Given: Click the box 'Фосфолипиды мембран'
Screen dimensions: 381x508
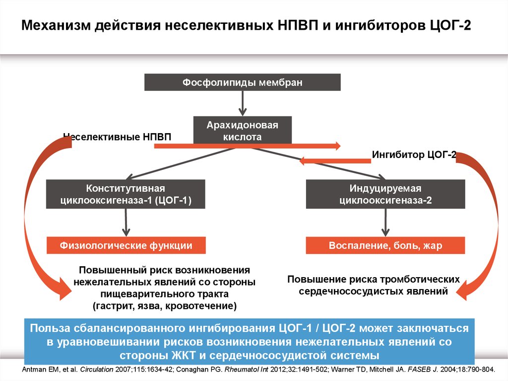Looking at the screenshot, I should tap(242, 82).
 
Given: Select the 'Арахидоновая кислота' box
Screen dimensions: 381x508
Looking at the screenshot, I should tap(242, 131).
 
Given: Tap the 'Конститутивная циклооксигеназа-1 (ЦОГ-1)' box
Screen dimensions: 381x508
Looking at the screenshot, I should tap(126, 194).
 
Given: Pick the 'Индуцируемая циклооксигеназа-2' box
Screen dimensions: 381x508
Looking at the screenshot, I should tap(385, 194).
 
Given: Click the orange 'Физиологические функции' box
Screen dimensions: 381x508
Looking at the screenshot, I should tap(126, 245).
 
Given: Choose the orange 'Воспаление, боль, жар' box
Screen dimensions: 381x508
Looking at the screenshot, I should tap(385, 245).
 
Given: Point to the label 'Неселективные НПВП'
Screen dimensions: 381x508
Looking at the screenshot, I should tap(117, 137).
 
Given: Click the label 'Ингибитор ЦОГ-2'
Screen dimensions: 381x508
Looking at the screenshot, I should tap(414, 155).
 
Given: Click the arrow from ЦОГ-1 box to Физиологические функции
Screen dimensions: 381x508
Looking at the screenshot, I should tap(126, 223).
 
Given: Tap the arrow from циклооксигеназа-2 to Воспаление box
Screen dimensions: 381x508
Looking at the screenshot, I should tap(385, 223).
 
